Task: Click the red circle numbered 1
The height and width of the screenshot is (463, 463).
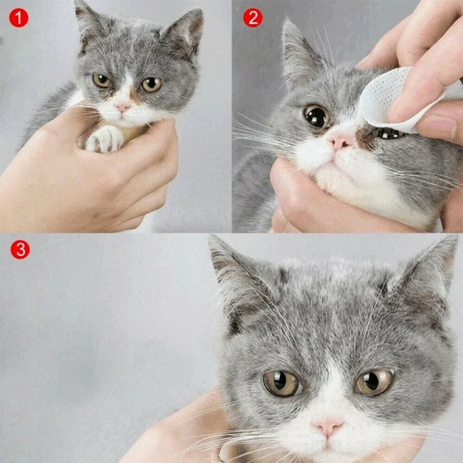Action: (19, 18)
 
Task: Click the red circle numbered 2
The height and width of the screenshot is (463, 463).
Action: (252, 18)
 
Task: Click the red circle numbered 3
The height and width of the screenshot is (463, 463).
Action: (20, 250)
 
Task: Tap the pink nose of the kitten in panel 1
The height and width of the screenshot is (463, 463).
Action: (123, 108)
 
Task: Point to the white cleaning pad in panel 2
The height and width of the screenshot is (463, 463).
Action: (385, 98)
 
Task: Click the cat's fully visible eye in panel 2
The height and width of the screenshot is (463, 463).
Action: (317, 116)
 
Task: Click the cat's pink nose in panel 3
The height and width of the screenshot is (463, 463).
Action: (328, 427)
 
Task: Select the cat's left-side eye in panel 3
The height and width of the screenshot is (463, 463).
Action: (281, 383)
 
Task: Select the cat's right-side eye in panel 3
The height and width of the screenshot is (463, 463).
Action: (374, 382)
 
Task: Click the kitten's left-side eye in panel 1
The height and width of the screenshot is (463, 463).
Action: (102, 80)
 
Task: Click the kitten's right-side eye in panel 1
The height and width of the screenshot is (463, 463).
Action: (151, 84)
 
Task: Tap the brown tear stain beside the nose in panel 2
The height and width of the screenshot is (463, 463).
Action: (363, 137)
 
